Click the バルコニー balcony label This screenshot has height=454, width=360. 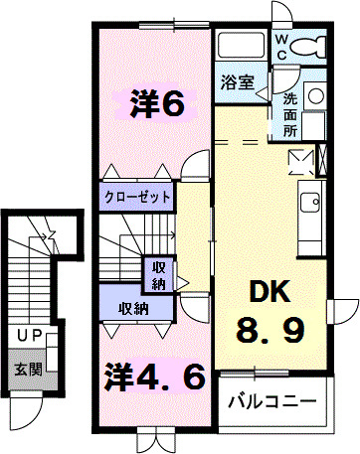pyautogui.click(x=271, y=402)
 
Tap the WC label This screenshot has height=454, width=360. pyautogui.click(x=281, y=46)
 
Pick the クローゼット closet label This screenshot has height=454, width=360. pyautogui.click(x=136, y=196)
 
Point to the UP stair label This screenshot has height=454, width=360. pyautogui.click(x=29, y=337)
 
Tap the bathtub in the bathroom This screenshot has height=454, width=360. pyautogui.click(x=243, y=47)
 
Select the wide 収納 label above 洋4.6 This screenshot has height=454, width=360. pyautogui.click(x=134, y=308)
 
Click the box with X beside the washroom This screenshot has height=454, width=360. pyautogui.click(x=300, y=160)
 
